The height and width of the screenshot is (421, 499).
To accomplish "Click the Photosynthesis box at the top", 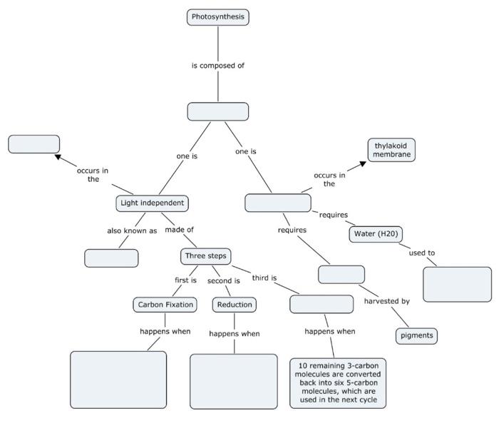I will click(x=217, y=17).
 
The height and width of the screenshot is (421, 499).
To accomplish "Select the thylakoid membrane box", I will click(x=391, y=150).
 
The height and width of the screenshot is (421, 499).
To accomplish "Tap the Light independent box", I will click(x=152, y=203).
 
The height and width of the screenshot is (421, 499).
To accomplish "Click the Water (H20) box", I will click(x=376, y=234).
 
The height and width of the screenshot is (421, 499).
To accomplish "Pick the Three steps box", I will click(x=206, y=256).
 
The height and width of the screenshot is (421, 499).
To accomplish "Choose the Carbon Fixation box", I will click(x=165, y=305).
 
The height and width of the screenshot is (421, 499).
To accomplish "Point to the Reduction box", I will click(x=234, y=305).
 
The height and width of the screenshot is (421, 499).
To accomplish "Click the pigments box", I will click(x=416, y=335).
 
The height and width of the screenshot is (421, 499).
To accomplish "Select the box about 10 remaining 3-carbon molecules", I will click(x=338, y=383).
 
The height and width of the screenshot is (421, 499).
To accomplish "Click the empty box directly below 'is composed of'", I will click(x=217, y=111).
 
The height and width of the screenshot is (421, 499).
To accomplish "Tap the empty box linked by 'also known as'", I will click(x=111, y=258).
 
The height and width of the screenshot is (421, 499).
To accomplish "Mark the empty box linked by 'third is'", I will click(x=321, y=304).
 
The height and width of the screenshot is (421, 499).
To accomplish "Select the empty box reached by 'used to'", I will click(x=457, y=284).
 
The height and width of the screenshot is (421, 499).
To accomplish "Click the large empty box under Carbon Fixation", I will click(x=118, y=379).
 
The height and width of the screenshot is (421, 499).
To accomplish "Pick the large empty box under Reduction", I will click(x=233, y=381).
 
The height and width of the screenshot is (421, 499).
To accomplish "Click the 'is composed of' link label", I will click(x=217, y=66).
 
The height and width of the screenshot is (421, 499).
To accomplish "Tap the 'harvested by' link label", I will click(x=386, y=301).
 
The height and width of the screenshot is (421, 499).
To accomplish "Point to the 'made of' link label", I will click(x=179, y=230).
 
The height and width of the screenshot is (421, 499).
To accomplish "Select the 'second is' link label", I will click(x=223, y=280).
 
